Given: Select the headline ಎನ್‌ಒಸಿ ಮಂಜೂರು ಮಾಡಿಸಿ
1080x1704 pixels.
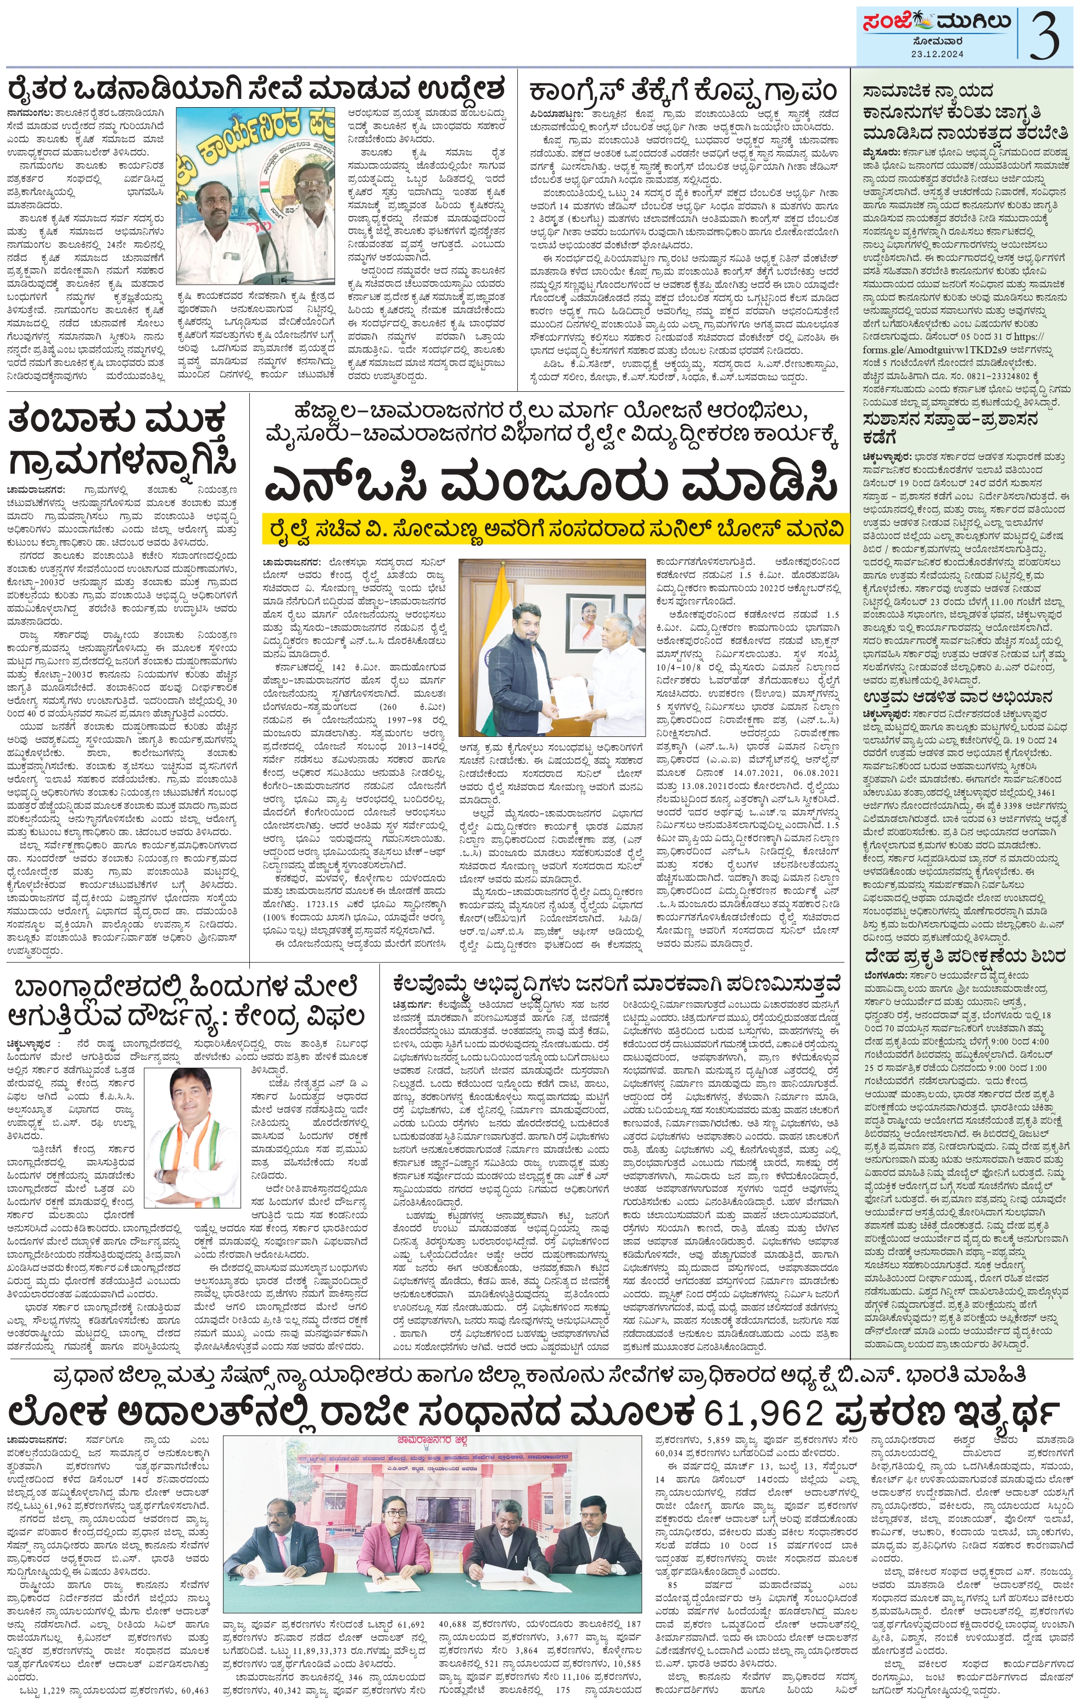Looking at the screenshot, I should tap(550, 484).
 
